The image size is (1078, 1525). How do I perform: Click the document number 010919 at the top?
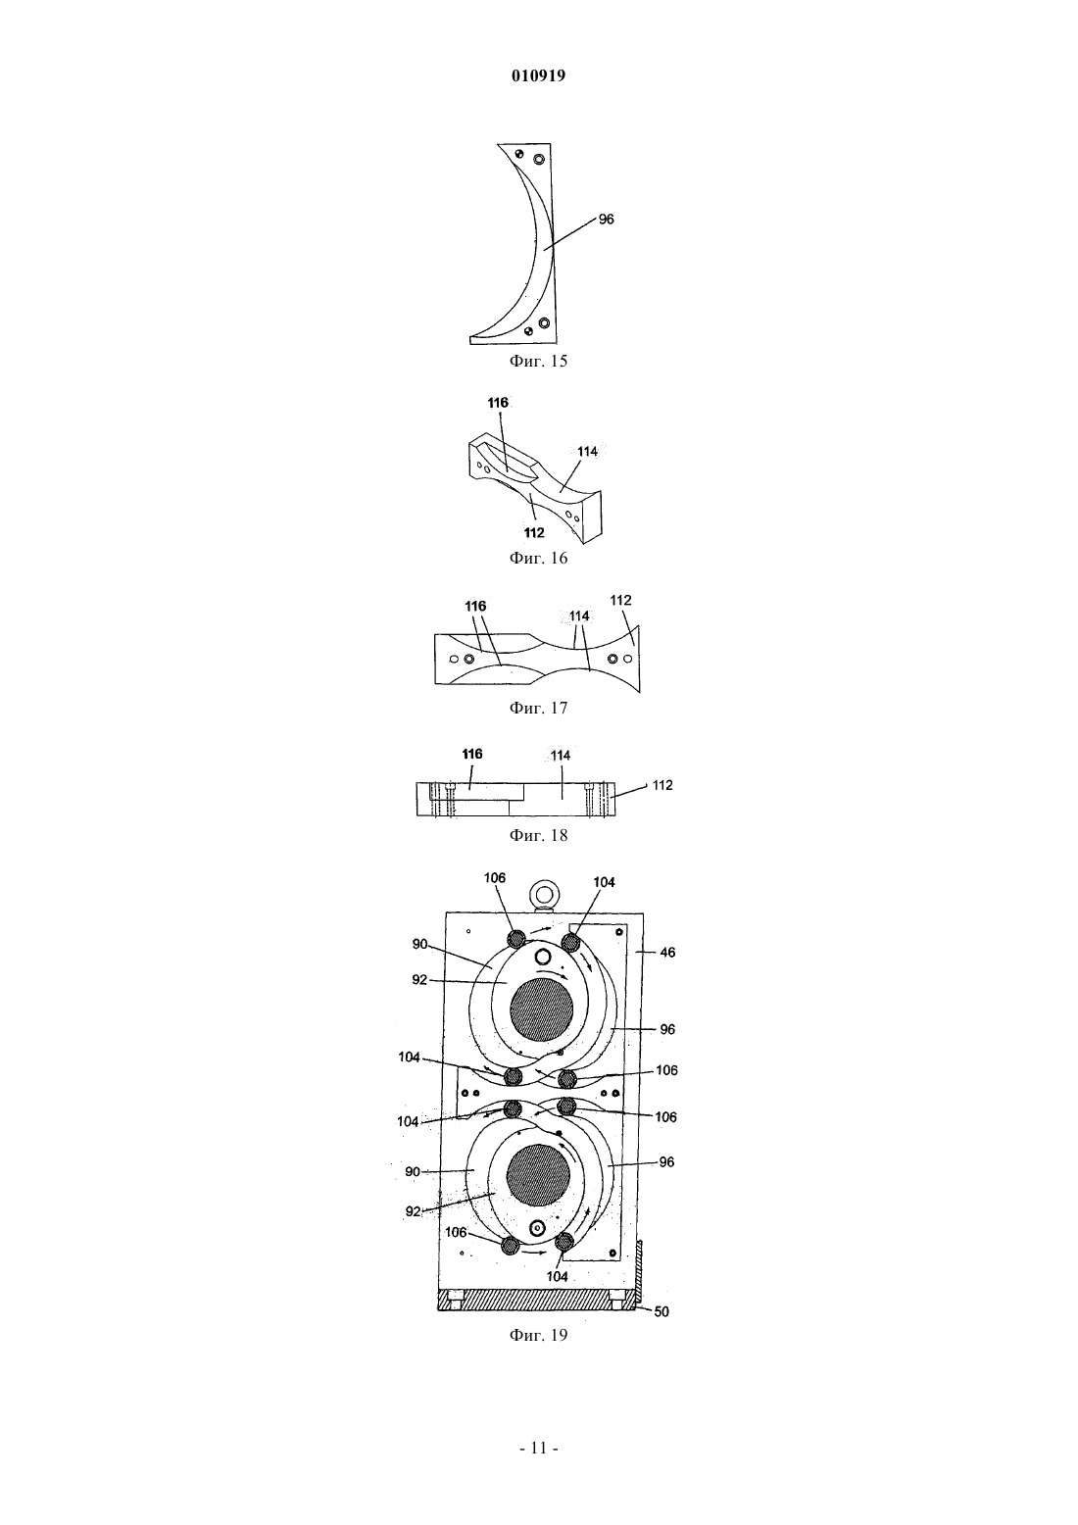click(x=538, y=75)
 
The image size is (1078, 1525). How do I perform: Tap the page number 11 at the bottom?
click(x=539, y=1448)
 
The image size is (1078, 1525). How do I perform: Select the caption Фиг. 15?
click(x=538, y=361)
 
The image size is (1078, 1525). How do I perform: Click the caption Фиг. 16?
click(x=538, y=559)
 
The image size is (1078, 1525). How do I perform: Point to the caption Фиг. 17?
click(x=538, y=708)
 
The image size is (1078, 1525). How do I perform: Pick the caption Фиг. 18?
click(x=538, y=835)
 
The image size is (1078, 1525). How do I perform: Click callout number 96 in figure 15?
click(x=606, y=220)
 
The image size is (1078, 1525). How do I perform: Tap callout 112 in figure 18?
click(x=662, y=785)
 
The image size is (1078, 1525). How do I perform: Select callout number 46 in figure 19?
click(x=667, y=953)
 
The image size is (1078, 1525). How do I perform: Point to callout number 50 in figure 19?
click(x=661, y=1312)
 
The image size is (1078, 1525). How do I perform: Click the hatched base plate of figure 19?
click(x=537, y=1300)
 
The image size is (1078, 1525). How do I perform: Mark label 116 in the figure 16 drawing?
click(x=498, y=403)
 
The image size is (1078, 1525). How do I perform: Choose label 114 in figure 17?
click(x=579, y=616)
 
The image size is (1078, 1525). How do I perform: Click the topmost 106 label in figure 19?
click(x=495, y=878)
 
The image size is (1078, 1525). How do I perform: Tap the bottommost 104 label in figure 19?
click(x=558, y=1277)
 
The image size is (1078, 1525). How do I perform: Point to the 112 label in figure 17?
click(x=620, y=601)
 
